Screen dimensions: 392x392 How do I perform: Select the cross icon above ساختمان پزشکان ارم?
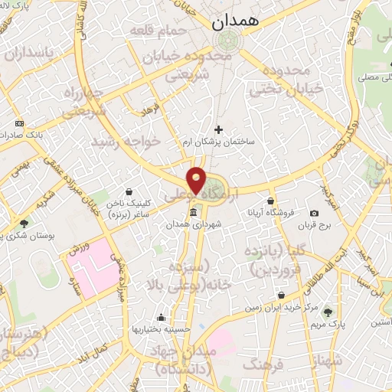click(x=219, y=129)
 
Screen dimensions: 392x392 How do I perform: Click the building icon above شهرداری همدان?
click(x=193, y=211)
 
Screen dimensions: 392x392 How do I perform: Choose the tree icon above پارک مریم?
click(x=328, y=312)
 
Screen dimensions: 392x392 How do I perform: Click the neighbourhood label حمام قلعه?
click(x=167, y=31)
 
